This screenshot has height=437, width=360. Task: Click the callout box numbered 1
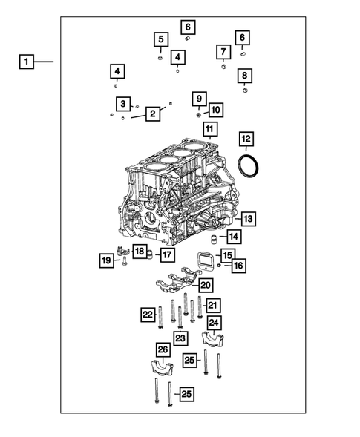[x=26, y=62]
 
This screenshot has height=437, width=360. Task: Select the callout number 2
[x=152, y=114]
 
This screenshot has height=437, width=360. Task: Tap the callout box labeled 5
[x=160, y=39]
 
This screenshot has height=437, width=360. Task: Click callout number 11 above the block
[x=209, y=131]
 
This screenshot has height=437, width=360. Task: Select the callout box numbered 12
[x=246, y=139]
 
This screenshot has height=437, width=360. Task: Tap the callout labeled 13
[x=247, y=219]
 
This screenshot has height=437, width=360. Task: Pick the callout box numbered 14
[x=233, y=237]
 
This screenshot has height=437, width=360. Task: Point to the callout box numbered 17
[x=167, y=255]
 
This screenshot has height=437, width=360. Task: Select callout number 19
[x=106, y=260]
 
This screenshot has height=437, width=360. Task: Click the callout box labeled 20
[x=206, y=285]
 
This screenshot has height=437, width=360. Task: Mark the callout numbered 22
[x=148, y=315]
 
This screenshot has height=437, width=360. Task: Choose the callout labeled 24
[x=214, y=323]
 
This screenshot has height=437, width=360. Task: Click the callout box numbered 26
[x=163, y=349]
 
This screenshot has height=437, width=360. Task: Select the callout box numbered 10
[x=215, y=110]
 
